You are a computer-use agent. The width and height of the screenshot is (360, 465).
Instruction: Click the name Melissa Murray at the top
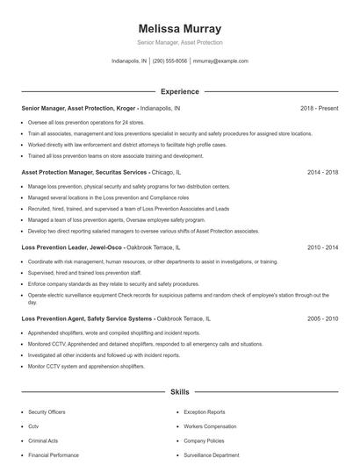tap(180, 28)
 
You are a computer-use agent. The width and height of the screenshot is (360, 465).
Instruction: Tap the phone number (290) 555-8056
tap(170, 61)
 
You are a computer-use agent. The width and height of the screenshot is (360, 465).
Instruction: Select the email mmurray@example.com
tap(220, 61)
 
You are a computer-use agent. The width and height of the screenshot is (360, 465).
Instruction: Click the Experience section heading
tap(180, 91)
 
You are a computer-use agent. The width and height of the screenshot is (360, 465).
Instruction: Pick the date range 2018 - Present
tap(319, 108)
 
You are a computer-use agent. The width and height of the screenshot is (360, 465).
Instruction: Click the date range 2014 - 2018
tap(322, 173)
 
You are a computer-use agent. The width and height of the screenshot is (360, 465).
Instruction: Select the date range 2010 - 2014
tap(322, 248)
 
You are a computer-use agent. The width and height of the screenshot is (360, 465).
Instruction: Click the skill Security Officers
tap(46, 411)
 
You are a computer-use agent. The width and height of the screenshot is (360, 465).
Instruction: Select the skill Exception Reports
tap(204, 411)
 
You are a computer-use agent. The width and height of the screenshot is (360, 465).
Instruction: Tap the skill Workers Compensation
tap(208, 426)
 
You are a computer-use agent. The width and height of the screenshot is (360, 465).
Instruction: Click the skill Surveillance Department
tap(211, 456)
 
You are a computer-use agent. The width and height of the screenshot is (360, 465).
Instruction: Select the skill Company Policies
tap(204, 441)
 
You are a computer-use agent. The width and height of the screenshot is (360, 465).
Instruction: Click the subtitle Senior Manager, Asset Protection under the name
tap(180, 42)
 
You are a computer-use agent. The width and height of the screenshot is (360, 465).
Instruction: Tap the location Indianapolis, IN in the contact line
tap(129, 61)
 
